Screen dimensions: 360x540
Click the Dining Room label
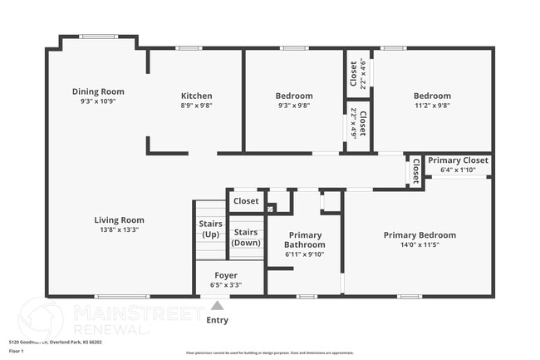tap(97, 91)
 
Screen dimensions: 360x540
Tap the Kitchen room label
tap(197, 96)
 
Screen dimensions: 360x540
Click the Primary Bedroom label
tap(419, 235)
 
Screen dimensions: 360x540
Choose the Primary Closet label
tap(458, 160)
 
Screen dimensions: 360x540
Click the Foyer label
tap(226, 275)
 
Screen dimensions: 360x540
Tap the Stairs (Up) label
tap(210, 229)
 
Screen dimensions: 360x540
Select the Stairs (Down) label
tap(246, 237)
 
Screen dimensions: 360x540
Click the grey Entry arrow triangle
tap(217, 305)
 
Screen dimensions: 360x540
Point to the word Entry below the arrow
tap(217, 320)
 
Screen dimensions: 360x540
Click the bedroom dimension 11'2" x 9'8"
tap(432, 106)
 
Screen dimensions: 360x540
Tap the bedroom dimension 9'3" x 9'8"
tap(294, 106)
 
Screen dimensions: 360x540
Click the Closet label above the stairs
tap(246, 201)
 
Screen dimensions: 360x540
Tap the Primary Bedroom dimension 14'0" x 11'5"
tap(419, 245)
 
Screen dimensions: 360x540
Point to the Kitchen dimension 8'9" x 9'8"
tap(197, 106)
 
